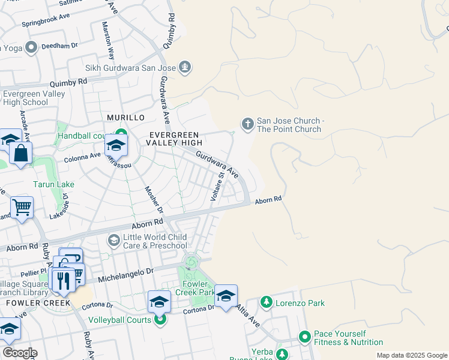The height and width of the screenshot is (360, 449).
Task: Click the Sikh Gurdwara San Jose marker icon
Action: tap(185, 67)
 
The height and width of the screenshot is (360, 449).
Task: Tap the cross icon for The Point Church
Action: tap(247, 124)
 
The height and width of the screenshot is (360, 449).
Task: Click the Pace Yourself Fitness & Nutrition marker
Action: tap(305, 337)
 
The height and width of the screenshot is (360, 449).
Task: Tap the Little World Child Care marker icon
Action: tap(113, 241)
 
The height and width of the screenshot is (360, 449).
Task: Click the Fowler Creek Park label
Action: tap(196, 289)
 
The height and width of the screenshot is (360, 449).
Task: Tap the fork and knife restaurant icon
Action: tap(62, 280)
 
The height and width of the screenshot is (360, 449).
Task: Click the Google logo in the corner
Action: tap(19, 353)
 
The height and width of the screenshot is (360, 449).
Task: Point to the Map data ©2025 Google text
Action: tap(412, 355)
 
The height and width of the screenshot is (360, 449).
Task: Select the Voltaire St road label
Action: tap(217, 186)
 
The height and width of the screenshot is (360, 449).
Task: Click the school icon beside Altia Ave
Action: tap(226, 296)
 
